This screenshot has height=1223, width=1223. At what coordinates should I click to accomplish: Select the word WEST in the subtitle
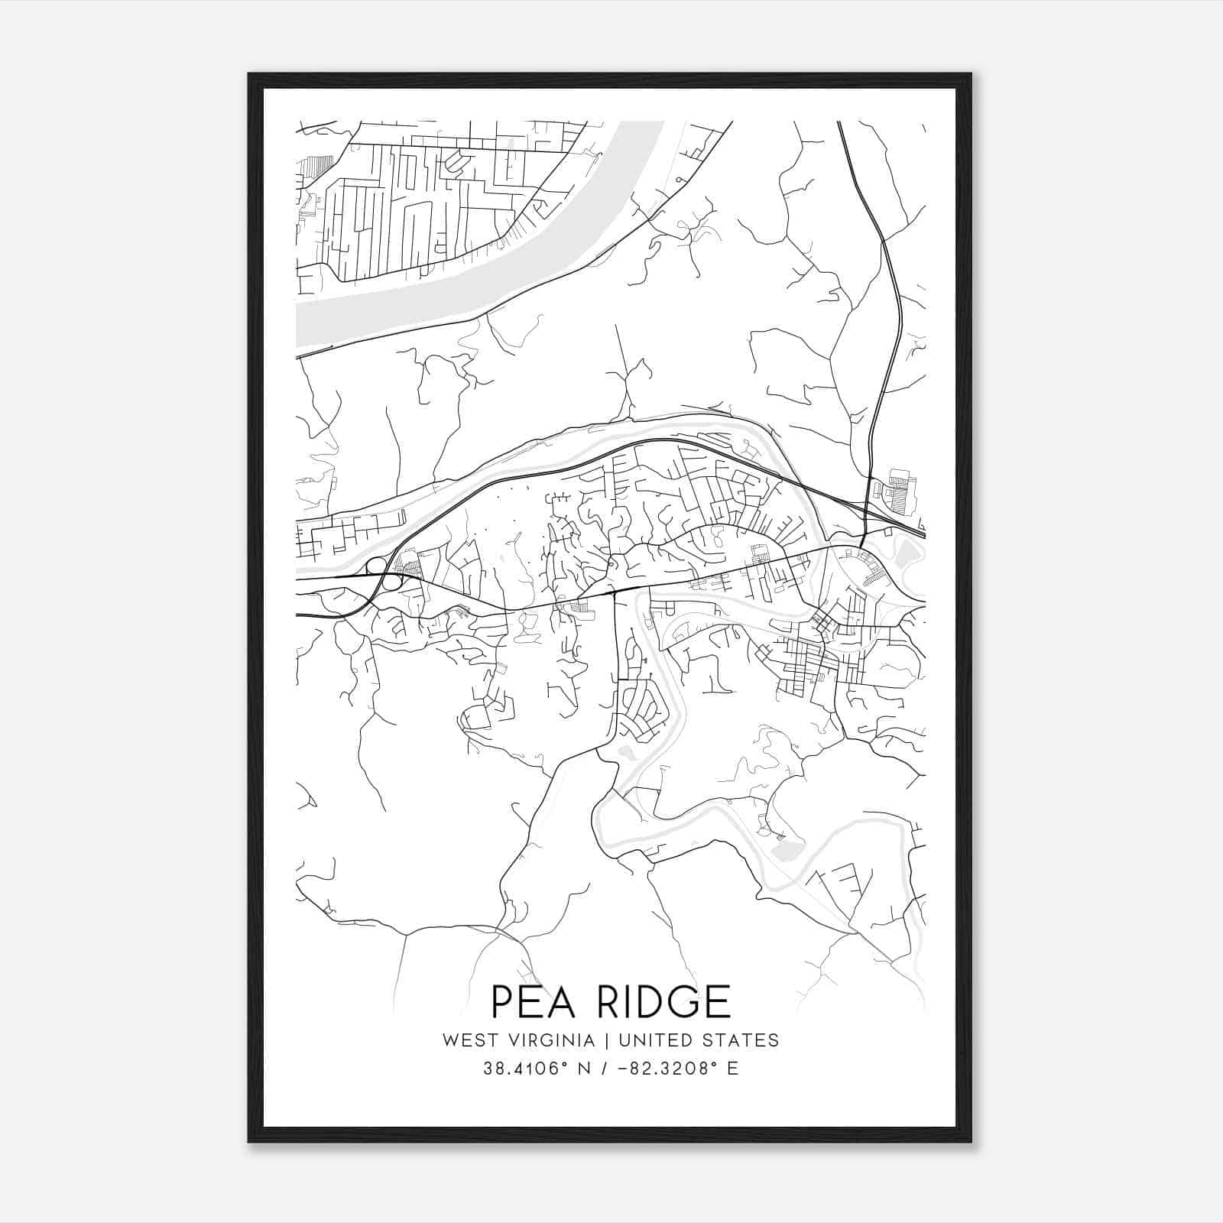point(466,1040)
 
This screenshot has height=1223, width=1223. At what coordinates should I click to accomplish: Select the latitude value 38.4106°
point(520,1069)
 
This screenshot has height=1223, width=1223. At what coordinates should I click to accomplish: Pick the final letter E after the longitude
point(733,1069)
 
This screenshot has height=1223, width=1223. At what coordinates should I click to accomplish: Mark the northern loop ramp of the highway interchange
point(376,566)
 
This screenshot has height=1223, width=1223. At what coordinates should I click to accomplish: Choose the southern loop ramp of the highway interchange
point(392,582)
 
